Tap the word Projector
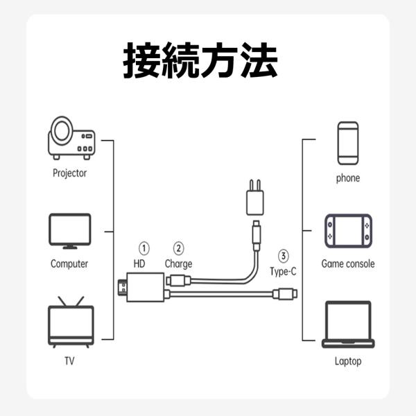pyautogui.click(x=69, y=173)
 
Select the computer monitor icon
pyautogui.click(x=69, y=231)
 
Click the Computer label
pyautogui.click(x=69, y=264)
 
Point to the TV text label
pyautogui.click(x=69, y=361)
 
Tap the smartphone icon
pyautogui.click(x=348, y=143)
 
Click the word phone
pyautogui.click(x=348, y=178)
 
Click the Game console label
pyautogui.click(x=348, y=264)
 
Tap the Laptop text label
pyautogui.click(x=348, y=361)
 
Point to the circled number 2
pyautogui.click(x=178, y=248)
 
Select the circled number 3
pyautogui.click(x=283, y=254)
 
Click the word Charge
pyautogui.click(x=178, y=263)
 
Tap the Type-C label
pyautogui.click(x=283, y=270)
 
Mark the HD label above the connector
pyautogui.click(x=139, y=263)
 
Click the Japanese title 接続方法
pyautogui.click(x=200, y=61)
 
